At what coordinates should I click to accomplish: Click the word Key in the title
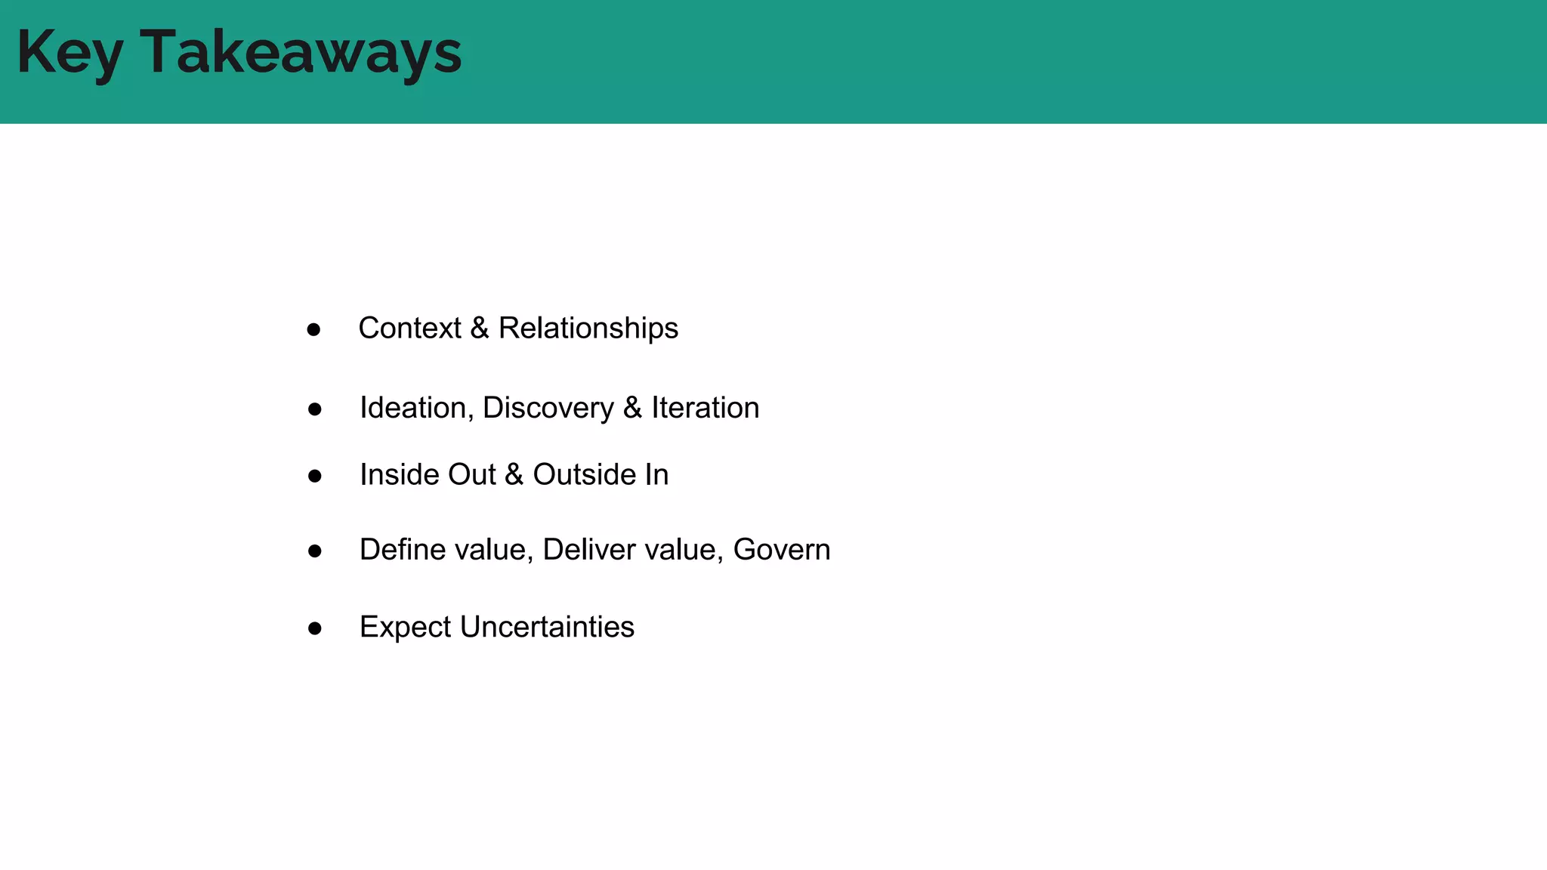click(69, 53)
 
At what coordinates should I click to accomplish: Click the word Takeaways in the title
click(301, 53)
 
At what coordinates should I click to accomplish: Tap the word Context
click(409, 329)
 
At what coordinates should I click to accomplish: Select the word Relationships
click(588, 329)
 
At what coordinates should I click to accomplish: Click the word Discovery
click(548, 408)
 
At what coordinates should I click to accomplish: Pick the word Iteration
click(706, 408)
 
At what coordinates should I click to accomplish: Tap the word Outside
click(584, 475)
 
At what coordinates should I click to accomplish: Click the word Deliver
click(589, 550)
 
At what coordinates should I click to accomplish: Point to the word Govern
click(782, 550)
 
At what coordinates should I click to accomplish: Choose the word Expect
click(406, 628)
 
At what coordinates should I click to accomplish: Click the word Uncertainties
click(547, 627)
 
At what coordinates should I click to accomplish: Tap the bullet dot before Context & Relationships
click(313, 330)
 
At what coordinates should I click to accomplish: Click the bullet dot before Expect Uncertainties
click(315, 628)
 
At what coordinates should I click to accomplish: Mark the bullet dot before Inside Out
click(315, 477)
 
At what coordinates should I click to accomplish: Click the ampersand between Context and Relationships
click(480, 329)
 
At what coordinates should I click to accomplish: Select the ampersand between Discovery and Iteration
click(633, 408)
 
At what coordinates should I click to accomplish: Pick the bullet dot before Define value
click(315, 551)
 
